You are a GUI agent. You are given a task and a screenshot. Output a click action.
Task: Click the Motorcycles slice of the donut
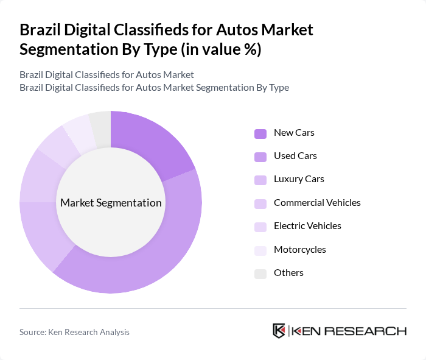[x=80, y=129]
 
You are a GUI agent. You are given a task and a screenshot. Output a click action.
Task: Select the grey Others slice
[x=100, y=125]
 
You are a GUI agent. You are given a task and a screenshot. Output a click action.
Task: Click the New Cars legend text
[x=294, y=132]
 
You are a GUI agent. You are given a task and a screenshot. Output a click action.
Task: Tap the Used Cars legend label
[x=295, y=156]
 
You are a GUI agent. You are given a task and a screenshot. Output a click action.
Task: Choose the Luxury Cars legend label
[x=299, y=179]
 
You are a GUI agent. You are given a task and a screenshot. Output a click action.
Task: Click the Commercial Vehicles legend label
[x=317, y=203]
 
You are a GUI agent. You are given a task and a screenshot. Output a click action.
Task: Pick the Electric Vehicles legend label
[x=307, y=226]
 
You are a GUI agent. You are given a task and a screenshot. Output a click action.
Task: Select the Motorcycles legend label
[x=299, y=250]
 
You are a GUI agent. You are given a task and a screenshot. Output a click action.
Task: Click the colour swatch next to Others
[x=260, y=274]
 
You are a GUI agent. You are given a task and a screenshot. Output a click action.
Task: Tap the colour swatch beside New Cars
[x=260, y=133]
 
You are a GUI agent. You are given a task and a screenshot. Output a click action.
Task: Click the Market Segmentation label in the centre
[x=111, y=203]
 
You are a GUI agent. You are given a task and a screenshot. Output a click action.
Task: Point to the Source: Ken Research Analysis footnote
[x=74, y=332]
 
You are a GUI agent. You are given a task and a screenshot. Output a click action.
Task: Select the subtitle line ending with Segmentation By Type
[x=154, y=87]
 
